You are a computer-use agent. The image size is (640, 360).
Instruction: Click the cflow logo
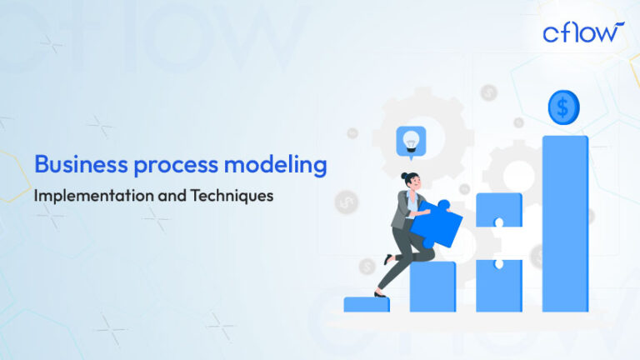click(x=582, y=33)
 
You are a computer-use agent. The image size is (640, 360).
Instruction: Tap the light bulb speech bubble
click(x=411, y=140)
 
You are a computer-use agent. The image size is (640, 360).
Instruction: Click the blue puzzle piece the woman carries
click(x=437, y=224)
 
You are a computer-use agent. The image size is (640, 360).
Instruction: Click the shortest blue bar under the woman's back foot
click(x=367, y=304)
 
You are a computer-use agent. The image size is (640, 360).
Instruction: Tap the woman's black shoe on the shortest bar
click(x=380, y=293)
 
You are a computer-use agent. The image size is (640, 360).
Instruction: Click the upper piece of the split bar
click(x=498, y=211)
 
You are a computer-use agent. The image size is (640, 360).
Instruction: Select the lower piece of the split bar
click(x=498, y=283)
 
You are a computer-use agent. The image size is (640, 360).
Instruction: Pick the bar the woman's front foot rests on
click(x=432, y=286)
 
